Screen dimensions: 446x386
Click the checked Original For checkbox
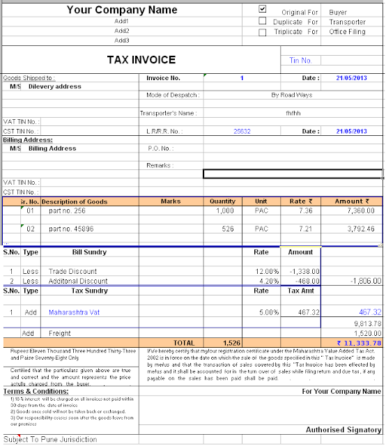[263, 10]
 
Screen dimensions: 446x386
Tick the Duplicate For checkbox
[263, 21]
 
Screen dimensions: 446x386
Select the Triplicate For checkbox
[263, 31]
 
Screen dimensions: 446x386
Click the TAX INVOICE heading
[141, 60]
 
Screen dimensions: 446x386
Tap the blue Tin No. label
[301, 61]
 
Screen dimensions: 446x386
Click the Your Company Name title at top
[122, 10]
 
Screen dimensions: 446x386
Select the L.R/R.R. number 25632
[242, 130]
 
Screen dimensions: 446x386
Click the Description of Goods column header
[75, 201]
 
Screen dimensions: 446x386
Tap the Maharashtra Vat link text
[77, 312]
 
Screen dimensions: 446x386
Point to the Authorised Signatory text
[343, 430]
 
